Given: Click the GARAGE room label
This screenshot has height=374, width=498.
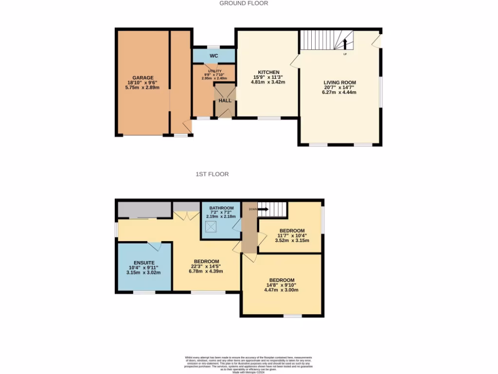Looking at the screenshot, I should click(143, 77).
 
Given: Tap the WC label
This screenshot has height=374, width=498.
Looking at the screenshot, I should click(213, 56).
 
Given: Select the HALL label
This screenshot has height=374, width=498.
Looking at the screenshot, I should click(225, 100).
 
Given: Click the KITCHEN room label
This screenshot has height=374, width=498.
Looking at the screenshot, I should click(268, 72).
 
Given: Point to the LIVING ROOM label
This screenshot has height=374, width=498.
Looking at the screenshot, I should click(340, 82).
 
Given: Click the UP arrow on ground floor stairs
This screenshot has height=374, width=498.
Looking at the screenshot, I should click(345, 45).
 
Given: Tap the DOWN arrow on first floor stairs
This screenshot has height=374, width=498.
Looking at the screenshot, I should click(262, 209).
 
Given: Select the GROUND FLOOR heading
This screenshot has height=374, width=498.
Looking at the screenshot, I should click(244, 3).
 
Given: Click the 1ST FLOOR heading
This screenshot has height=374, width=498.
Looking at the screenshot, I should click(212, 174).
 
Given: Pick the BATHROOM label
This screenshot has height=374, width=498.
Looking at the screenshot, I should click(221, 206).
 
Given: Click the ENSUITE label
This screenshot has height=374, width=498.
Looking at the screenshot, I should click(144, 262).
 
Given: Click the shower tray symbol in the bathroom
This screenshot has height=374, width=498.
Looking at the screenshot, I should click(212, 226).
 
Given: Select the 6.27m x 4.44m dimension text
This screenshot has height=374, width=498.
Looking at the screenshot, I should click(339, 93).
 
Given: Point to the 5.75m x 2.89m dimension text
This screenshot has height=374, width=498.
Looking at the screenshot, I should click(143, 88).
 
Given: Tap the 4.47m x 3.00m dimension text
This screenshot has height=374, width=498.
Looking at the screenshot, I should click(281, 290).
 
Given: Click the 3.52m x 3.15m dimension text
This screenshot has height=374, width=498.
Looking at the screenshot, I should click(292, 240).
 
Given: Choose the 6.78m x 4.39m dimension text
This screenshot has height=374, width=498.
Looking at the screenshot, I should click(206, 271).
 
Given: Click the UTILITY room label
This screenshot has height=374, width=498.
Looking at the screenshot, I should click(214, 71).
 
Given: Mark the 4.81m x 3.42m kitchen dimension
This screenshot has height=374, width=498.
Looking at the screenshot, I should click(268, 82).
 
